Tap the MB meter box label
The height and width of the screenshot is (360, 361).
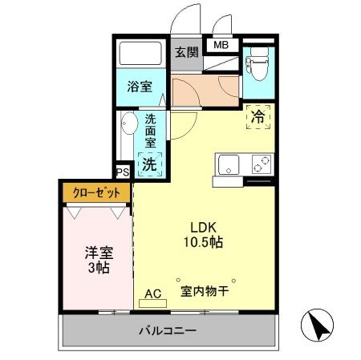click(220, 45)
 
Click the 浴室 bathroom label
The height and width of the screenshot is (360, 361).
click(141, 87)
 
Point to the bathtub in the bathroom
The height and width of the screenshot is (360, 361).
click(141, 55)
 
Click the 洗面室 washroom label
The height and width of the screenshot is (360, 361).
click(150, 131)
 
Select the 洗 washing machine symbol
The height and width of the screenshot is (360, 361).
click(149, 164)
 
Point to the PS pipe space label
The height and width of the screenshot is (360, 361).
click(123, 172)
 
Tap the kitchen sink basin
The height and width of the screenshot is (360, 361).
click(227, 167)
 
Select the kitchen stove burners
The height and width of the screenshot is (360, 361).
click(260, 166)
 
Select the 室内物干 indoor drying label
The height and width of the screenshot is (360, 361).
click(205, 292)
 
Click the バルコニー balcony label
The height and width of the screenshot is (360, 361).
click(168, 330)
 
